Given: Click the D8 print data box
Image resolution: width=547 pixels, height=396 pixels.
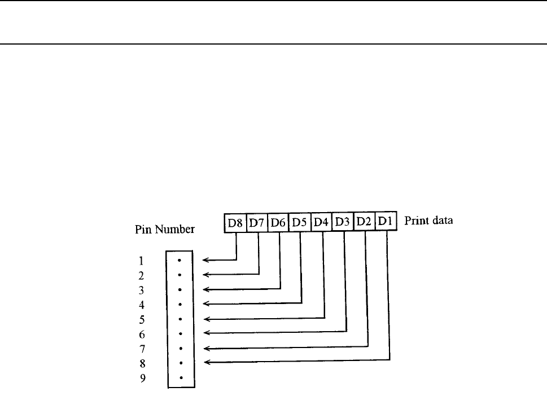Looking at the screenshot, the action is (x=235, y=222).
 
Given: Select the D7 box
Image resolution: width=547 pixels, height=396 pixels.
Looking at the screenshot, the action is (x=257, y=222).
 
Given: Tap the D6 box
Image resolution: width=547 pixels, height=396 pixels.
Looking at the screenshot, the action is (x=278, y=222).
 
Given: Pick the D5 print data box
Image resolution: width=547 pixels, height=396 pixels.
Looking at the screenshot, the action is (x=300, y=222).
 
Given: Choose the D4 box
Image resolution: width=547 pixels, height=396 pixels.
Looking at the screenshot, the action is (x=322, y=222).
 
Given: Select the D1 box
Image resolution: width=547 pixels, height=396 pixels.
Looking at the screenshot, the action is (x=386, y=222).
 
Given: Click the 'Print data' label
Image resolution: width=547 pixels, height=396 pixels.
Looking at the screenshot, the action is (x=428, y=221).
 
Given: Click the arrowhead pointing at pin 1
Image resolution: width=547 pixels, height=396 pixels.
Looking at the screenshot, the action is (x=206, y=261).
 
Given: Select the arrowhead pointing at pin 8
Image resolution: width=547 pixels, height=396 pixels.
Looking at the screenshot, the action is (x=206, y=362).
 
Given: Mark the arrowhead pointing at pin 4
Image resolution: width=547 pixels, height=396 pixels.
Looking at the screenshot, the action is (x=206, y=304).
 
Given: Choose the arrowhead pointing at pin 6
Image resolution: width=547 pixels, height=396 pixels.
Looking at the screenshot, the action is (x=206, y=333).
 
